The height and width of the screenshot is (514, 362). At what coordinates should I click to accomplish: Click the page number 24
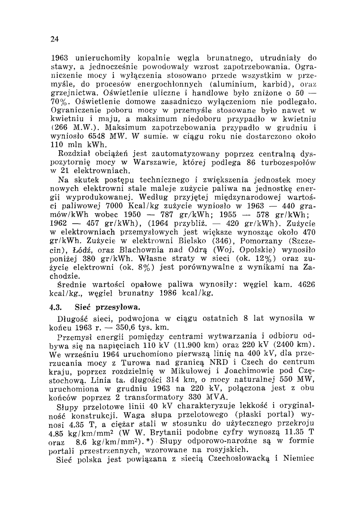pyautogui.click(x=55, y=39)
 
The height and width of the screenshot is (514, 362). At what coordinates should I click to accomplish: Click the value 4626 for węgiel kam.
pyautogui.click(x=305, y=284)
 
